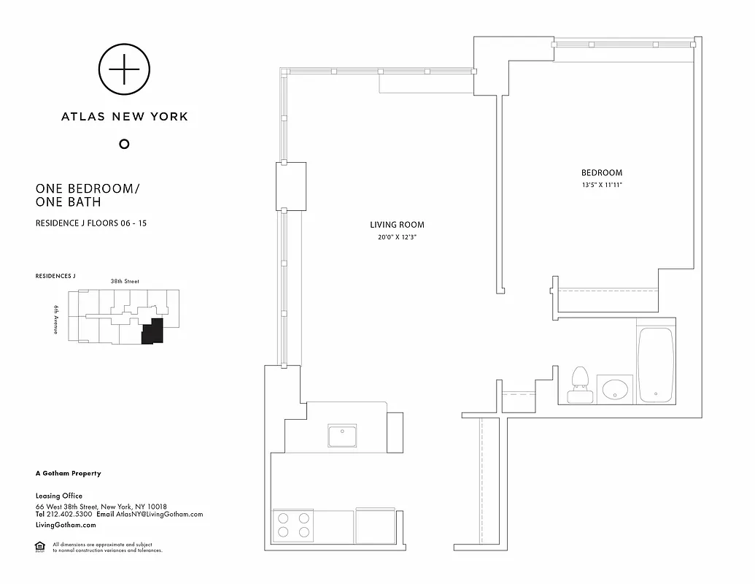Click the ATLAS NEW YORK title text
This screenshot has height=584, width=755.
[124, 116]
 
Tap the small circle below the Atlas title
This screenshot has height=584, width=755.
[124, 144]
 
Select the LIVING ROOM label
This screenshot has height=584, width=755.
[397, 225]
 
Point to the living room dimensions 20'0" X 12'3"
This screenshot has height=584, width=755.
[397, 237]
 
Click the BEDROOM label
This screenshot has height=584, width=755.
[602, 173]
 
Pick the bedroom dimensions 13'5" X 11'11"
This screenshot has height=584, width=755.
[602, 185]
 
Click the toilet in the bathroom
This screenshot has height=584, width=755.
[580, 385]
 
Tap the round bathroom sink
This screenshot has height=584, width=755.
[615, 388]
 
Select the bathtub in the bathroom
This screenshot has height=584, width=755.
[655, 364]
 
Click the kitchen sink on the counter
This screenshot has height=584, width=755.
[341, 436]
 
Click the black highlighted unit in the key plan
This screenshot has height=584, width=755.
[152, 333]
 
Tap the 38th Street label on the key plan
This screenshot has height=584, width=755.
[125, 281]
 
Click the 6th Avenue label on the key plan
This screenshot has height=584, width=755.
[56, 319]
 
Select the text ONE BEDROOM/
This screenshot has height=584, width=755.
[87, 188]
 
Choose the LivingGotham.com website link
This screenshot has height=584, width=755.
[66, 525]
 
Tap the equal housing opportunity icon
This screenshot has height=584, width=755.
[39, 547]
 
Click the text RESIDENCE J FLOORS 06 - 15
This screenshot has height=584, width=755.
[91, 223]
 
